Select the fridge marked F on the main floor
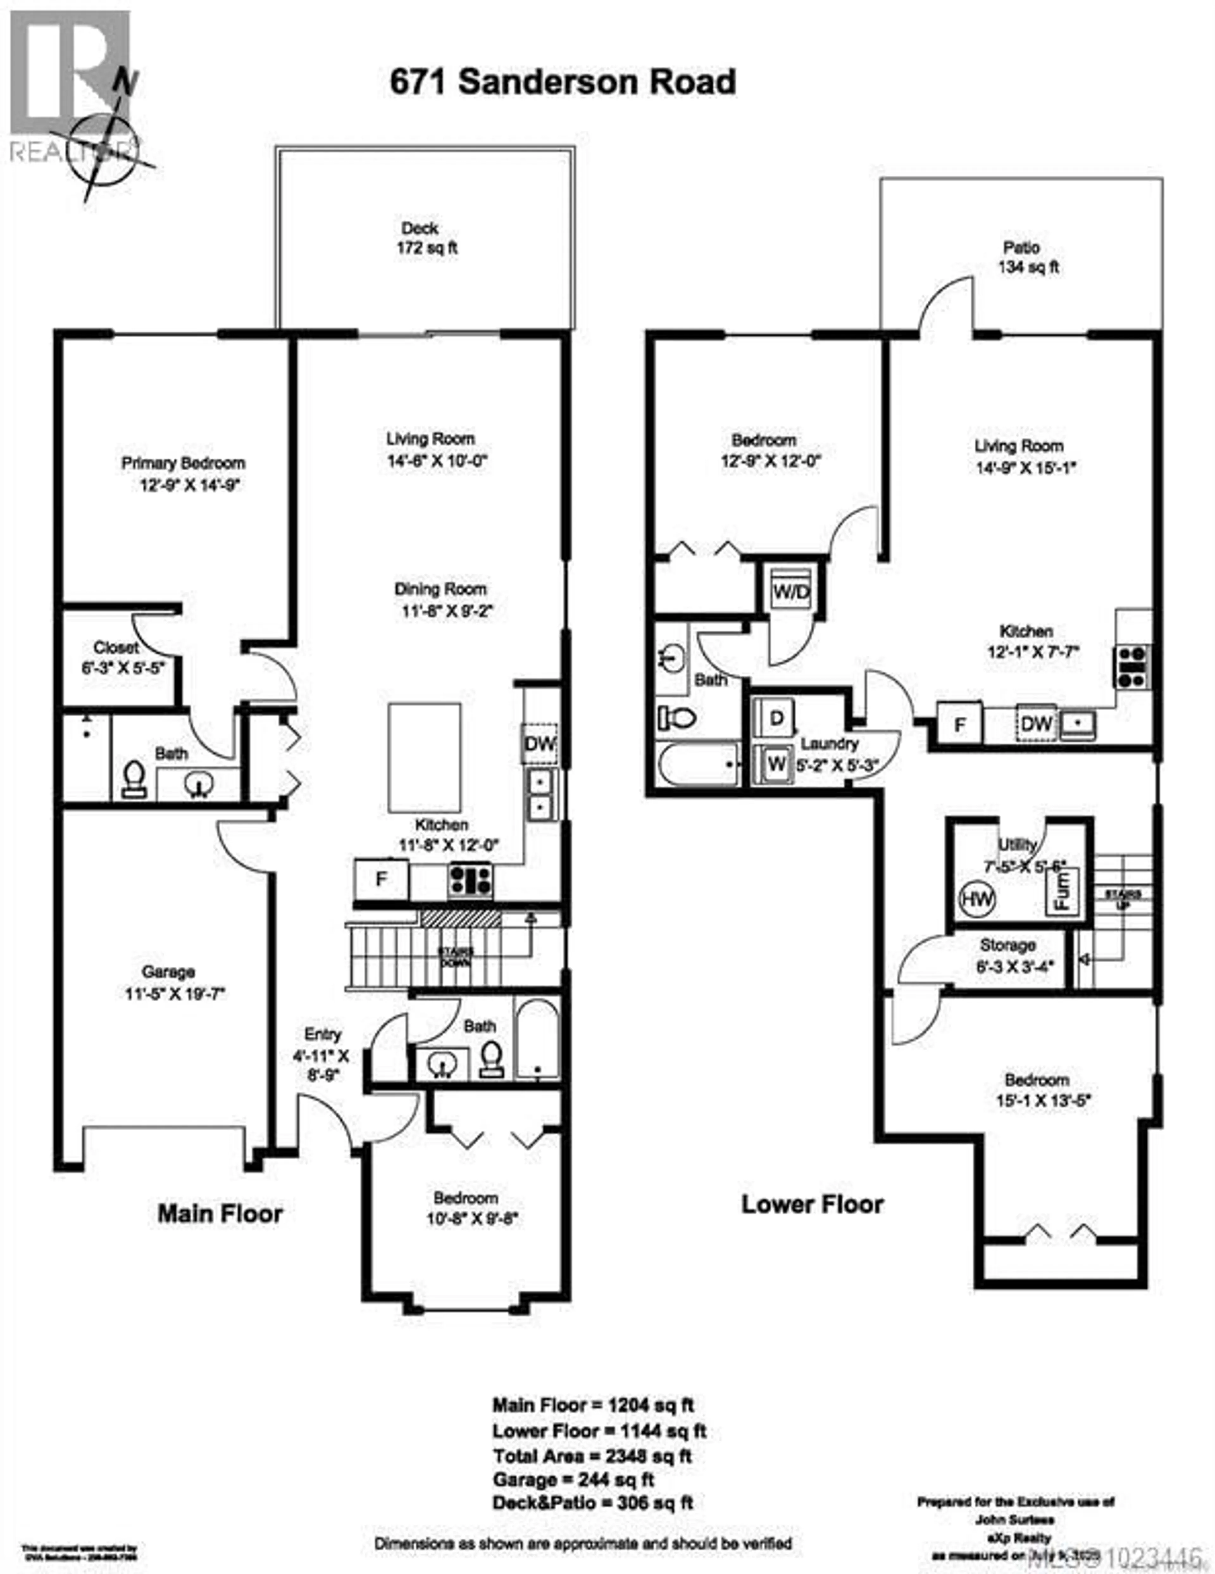[381, 879]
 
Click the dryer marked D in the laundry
[776, 718]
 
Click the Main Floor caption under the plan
[220, 1213]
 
